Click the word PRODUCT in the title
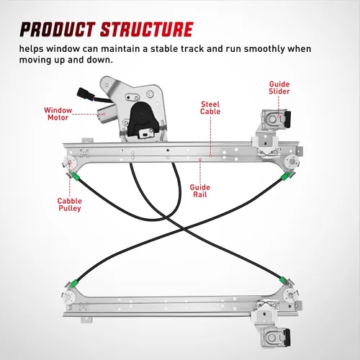(x=58, y=30)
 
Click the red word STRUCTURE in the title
(x=147, y=30)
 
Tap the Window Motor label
(x=58, y=114)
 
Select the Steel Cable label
(x=210, y=108)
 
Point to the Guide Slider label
(x=279, y=88)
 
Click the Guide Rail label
(x=200, y=191)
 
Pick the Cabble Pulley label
(x=70, y=204)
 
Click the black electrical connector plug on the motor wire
(x=83, y=93)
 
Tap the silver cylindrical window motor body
(x=107, y=114)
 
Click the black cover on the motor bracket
(x=143, y=119)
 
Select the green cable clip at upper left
(x=76, y=176)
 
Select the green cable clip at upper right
(x=285, y=177)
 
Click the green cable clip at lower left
(x=74, y=283)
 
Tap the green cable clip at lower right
(x=283, y=280)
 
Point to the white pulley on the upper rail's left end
(x=69, y=163)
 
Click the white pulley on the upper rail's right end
(x=291, y=161)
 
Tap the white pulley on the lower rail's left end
(x=68, y=297)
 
